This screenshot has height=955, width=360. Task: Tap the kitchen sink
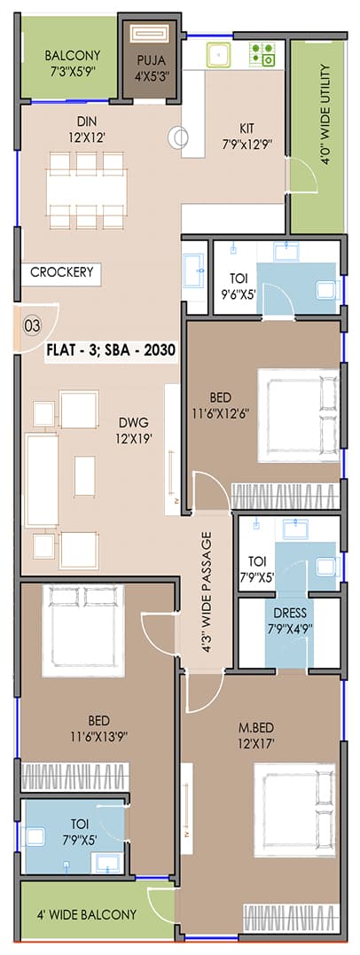(x=218, y=55)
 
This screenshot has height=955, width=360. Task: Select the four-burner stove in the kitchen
(x=263, y=54)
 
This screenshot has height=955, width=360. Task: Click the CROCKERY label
(x=61, y=272)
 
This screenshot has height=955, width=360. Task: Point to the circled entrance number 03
(x=32, y=325)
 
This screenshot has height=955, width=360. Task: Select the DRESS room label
(x=289, y=613)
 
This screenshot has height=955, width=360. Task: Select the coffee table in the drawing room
(x=84, y=475)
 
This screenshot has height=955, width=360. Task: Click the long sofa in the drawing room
(x=42, y=480)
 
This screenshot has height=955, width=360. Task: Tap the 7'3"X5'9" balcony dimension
(x=72, y=69)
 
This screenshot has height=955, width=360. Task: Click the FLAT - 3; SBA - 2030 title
(x=112, y=350)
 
